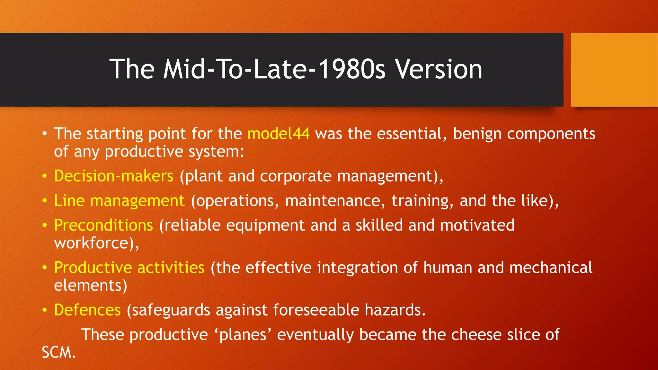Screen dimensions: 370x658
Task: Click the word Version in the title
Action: coord(439,69)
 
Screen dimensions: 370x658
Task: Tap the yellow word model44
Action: coord(278,134)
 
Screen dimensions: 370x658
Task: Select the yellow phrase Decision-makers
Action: coord(114,176)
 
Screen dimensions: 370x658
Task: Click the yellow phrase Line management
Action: coord(119,201)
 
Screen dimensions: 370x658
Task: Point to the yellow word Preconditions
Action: coord(103,225)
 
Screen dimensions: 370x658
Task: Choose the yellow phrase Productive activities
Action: coord(129,268)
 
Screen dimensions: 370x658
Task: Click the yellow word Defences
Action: coord(87,310)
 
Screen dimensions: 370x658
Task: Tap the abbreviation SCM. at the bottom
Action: coord(59,353)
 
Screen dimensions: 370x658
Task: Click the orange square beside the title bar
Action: coord(614,70)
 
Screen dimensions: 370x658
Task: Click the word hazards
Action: coord(395,310)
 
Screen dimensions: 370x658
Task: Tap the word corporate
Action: coord(296,176)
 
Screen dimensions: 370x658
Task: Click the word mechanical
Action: coord(551,268)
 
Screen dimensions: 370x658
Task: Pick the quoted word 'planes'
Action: coord(243,335)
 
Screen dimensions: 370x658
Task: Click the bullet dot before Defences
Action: coord(45,310)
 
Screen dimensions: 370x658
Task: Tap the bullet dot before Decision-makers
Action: coord(45,176)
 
